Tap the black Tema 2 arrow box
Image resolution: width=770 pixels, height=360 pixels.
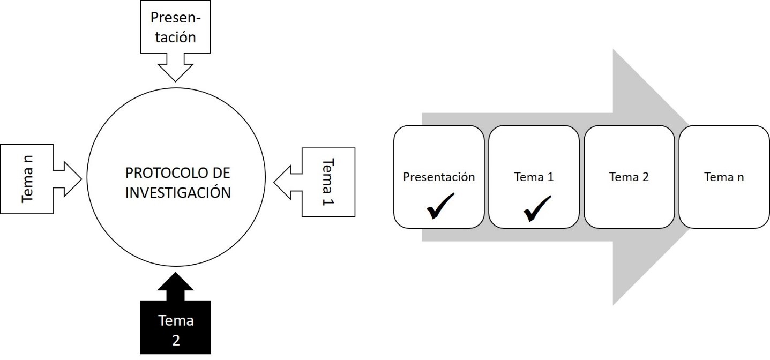(x=175, y=327)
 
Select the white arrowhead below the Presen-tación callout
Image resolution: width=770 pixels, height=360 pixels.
(x=175, y=69)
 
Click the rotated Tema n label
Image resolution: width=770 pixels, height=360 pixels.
(x=27, y=179)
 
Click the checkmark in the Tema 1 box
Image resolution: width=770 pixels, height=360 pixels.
(x=536, y=208)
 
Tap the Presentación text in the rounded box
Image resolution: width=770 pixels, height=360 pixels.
(x=439, y=177)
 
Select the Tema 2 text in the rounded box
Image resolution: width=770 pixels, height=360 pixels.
(x=629, y=177)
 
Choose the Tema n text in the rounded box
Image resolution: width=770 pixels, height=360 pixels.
(x=724, y=177)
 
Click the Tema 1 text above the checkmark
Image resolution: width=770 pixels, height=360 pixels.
(x=534, y=177)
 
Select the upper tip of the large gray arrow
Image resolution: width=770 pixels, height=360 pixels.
(x=614, y=50)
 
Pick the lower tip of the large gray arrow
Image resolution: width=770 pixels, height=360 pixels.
(x=614, y=303)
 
